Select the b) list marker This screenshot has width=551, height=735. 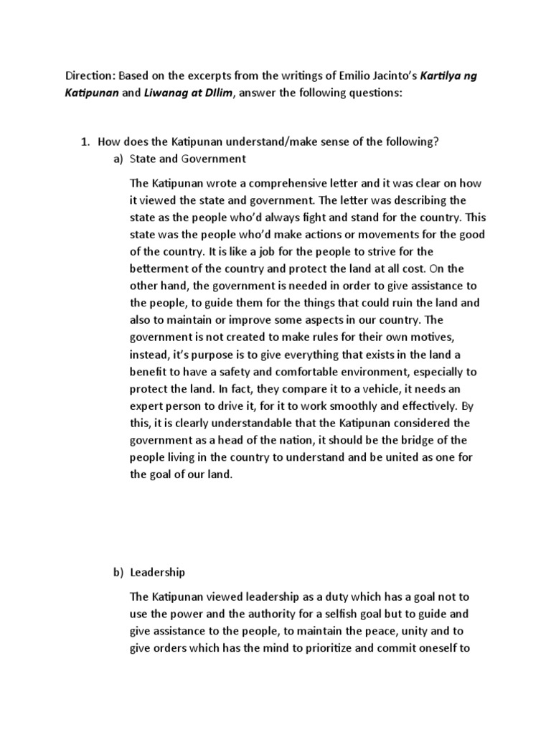coord(118,572)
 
